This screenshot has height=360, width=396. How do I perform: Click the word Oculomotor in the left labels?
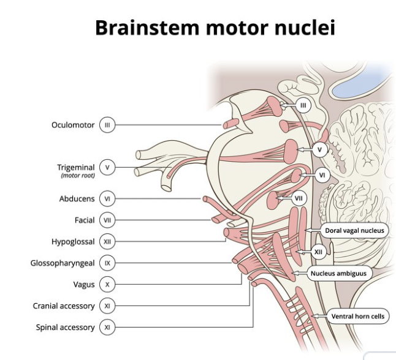73,125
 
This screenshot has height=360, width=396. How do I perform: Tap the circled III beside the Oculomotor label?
107,125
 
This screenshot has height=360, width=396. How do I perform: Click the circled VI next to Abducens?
107,199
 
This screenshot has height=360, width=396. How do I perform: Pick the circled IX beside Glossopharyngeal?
107,263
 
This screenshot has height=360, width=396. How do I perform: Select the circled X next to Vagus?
107,285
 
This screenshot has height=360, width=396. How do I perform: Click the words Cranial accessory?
64,306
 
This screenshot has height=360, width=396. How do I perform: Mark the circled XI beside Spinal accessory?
107,328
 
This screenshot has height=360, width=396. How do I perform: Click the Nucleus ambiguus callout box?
339,274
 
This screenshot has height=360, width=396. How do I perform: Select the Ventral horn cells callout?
358,317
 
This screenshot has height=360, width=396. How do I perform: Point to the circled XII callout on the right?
318,252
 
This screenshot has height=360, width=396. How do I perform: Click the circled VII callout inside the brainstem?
299,198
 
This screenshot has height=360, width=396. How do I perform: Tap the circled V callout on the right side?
319,149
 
